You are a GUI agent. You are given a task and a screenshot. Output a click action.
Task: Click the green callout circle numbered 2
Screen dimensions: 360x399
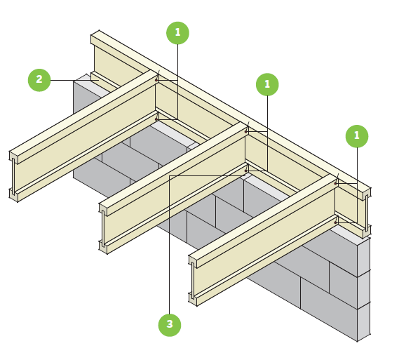[x=39, y=80]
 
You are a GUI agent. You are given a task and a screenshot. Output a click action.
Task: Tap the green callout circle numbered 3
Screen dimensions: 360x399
[x=169, y=325]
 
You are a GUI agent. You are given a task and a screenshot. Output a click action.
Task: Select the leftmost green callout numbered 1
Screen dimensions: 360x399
[x=177, y=33]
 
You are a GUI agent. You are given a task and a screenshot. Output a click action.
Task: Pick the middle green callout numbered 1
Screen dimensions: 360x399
[x=267, y=85]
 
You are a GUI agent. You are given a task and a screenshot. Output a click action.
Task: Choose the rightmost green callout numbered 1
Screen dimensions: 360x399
[x=356, y=136]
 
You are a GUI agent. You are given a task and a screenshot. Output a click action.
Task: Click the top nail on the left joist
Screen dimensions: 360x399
[x=156, y=80]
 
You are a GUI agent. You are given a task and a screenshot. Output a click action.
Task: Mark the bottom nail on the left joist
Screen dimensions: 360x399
[x=156, y=119]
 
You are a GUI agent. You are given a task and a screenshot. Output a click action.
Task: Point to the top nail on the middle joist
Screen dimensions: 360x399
[x=246, y=131]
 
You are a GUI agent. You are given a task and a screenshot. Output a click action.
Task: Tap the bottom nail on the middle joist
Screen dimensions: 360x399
[x=246, y=171]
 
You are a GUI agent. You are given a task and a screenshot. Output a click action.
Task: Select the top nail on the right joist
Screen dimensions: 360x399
[x=336, y=183]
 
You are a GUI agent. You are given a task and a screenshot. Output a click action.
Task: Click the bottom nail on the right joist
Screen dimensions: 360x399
[x=336, y=222]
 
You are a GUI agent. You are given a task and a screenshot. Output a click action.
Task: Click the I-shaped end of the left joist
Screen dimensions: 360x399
[x=13, y=176]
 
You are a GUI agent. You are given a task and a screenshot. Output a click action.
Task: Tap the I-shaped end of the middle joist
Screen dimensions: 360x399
[x=103, y=228]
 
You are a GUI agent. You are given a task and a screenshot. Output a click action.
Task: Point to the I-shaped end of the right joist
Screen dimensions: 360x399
[x=193, y=280]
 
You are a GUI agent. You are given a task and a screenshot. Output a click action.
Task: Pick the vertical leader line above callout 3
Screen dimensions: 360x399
[x=169, y=246]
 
